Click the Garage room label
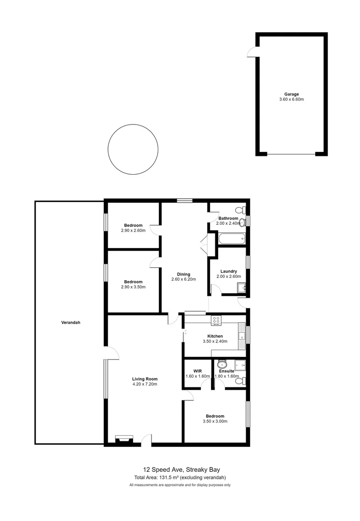coord(291,94)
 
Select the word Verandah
coord(70,323)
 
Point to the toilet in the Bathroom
coord(240,210)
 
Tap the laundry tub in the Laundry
coord(241,288)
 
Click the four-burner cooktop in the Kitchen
coord(216,319)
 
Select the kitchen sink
coord(241,334)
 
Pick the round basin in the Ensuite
coord(222,364)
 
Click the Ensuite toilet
coord(239,381)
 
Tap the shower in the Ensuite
coord(239,365)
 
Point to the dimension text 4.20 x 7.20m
coord(145,384)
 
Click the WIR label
coord(197,371)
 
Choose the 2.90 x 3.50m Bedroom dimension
coord(133,287)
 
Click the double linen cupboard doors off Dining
coord(205,244)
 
